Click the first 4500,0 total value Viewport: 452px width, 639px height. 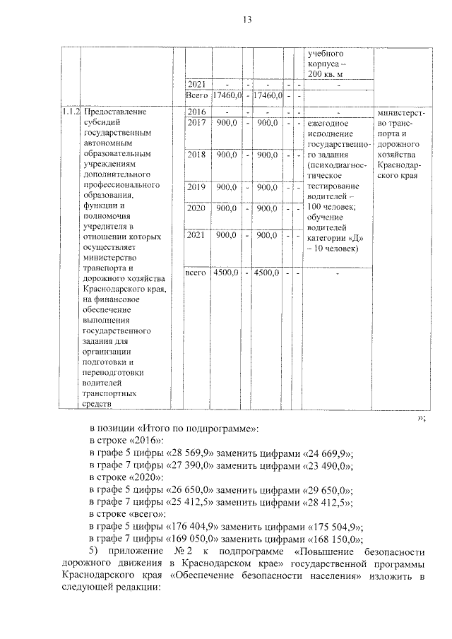click(x=227, y=272)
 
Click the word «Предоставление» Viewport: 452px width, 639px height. click(x=114, y=112)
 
